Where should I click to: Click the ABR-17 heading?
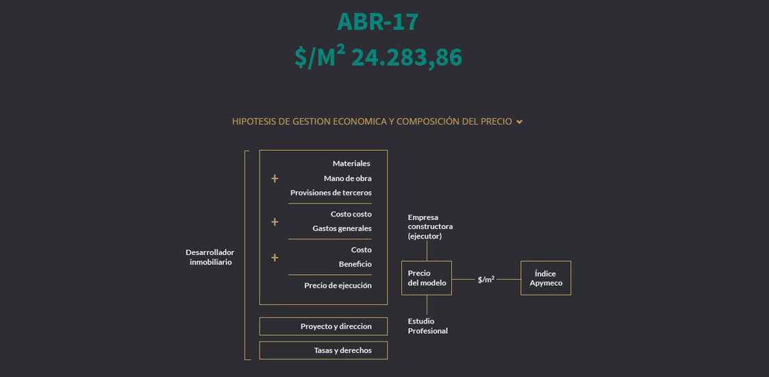coord(377,22)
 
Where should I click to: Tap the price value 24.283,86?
coord(407,58)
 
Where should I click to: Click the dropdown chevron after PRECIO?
coord(519,122)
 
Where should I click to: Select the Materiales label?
coord(351,163)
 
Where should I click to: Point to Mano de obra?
coord(347,178)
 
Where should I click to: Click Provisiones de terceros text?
coord(331,193)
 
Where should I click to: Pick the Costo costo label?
coord(351,214)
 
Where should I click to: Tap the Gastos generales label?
coord(342,228)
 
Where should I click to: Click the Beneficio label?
coord(355,264)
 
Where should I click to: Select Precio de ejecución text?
coord(338,285)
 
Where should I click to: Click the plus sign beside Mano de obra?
coord(275,178)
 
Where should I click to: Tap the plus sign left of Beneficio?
coord(275,258)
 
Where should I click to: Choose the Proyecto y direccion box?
coord(323,326)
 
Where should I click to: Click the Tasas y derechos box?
coord(323,350)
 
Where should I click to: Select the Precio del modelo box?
coord(426,278)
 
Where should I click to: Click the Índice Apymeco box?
coord(545,278)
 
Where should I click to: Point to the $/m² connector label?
coord(486,279)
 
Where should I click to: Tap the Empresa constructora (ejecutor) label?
coord(430,226)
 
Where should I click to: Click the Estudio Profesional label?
coord(428,326)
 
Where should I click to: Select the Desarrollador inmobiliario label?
coord(210,257)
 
